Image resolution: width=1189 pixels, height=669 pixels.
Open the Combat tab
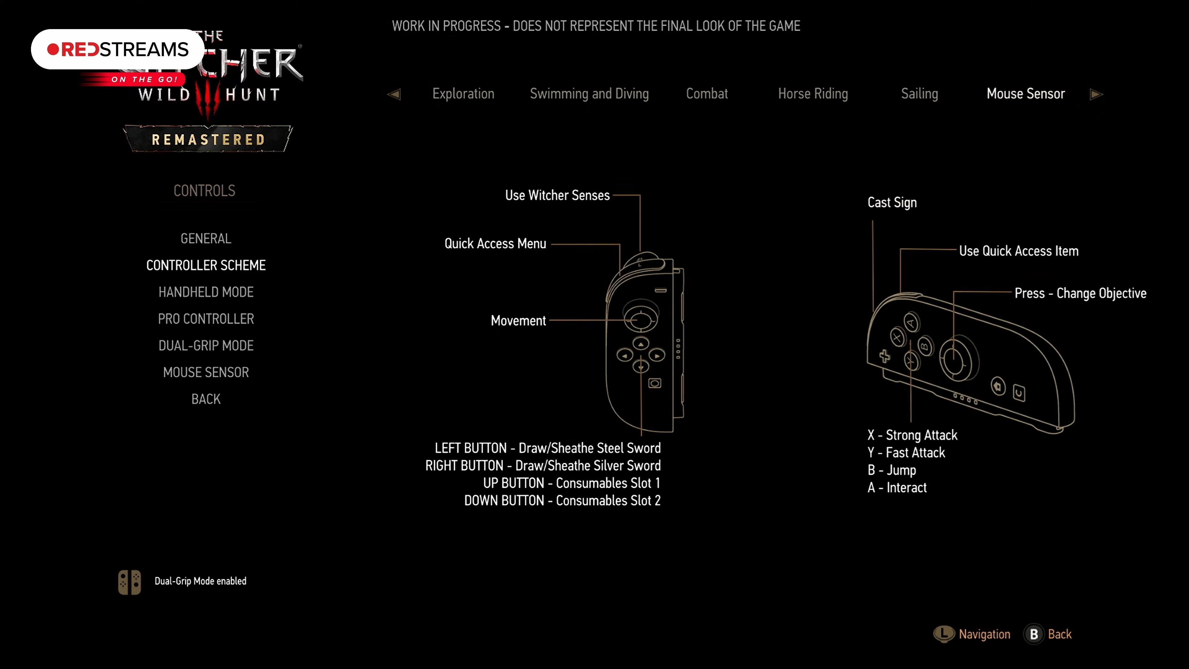[707, 94]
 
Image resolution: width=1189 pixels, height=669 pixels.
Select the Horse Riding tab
[813, 94]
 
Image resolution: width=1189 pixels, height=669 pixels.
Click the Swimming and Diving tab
[589, 94]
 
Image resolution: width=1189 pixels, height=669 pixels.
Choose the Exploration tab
[463, 94]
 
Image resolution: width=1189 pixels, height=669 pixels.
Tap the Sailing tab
[919, 94]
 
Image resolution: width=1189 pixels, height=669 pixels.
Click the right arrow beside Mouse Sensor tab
[1096, 94]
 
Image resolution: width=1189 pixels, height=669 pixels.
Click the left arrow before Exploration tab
[394, 94]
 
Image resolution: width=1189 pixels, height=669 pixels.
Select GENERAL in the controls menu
[206, 238]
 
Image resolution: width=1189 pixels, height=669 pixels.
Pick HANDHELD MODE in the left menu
[206, 292]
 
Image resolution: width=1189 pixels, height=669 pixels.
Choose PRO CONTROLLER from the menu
[206, 319]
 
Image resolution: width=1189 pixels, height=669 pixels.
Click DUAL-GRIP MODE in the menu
[206, 345]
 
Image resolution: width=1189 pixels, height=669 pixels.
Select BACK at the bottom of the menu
[206, 399]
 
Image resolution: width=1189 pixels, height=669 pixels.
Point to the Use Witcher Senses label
[557, 195]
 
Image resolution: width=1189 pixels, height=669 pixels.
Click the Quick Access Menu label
[495, 243]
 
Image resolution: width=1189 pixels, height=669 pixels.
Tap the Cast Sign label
[892, 203]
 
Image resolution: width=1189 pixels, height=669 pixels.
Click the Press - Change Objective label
[1080, 293]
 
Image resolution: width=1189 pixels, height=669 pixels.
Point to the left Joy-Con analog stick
[640, 319]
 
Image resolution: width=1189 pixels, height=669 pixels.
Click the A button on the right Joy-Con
[911, 322]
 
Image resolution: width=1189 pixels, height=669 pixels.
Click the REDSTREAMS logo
[118, 50]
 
